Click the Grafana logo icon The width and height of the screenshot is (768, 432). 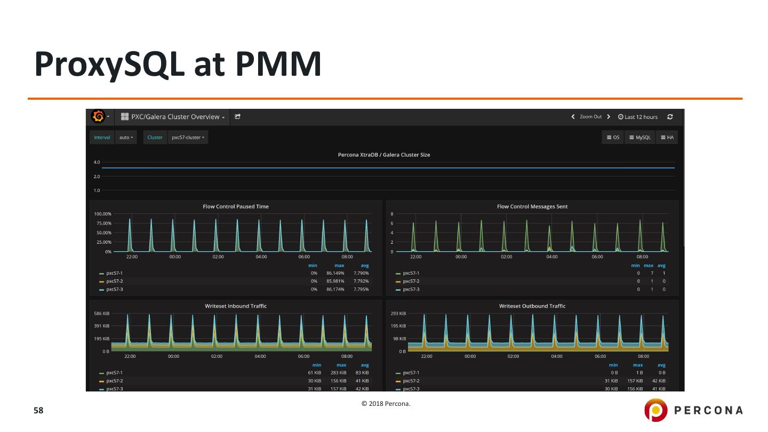point(98,117)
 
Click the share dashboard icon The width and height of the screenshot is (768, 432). point(238,117)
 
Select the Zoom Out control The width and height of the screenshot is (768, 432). point(590,117)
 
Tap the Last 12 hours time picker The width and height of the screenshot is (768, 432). point(638,117)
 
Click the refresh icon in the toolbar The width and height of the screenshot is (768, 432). point(670,117)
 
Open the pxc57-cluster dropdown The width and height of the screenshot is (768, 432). point(188,138)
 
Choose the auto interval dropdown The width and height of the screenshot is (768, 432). point(126,138)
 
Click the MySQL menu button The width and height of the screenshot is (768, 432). point(639,138)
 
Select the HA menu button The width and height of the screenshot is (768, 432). point(667,138)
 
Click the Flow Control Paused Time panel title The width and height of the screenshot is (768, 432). point(236,206)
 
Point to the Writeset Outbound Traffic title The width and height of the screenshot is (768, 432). point(532,306)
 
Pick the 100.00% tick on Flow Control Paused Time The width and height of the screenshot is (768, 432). point(103,214)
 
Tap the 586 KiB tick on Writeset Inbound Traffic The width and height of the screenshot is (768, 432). point(102,314)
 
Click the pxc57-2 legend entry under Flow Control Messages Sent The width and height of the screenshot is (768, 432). point(411,281)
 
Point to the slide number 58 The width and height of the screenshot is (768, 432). point(38,411)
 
